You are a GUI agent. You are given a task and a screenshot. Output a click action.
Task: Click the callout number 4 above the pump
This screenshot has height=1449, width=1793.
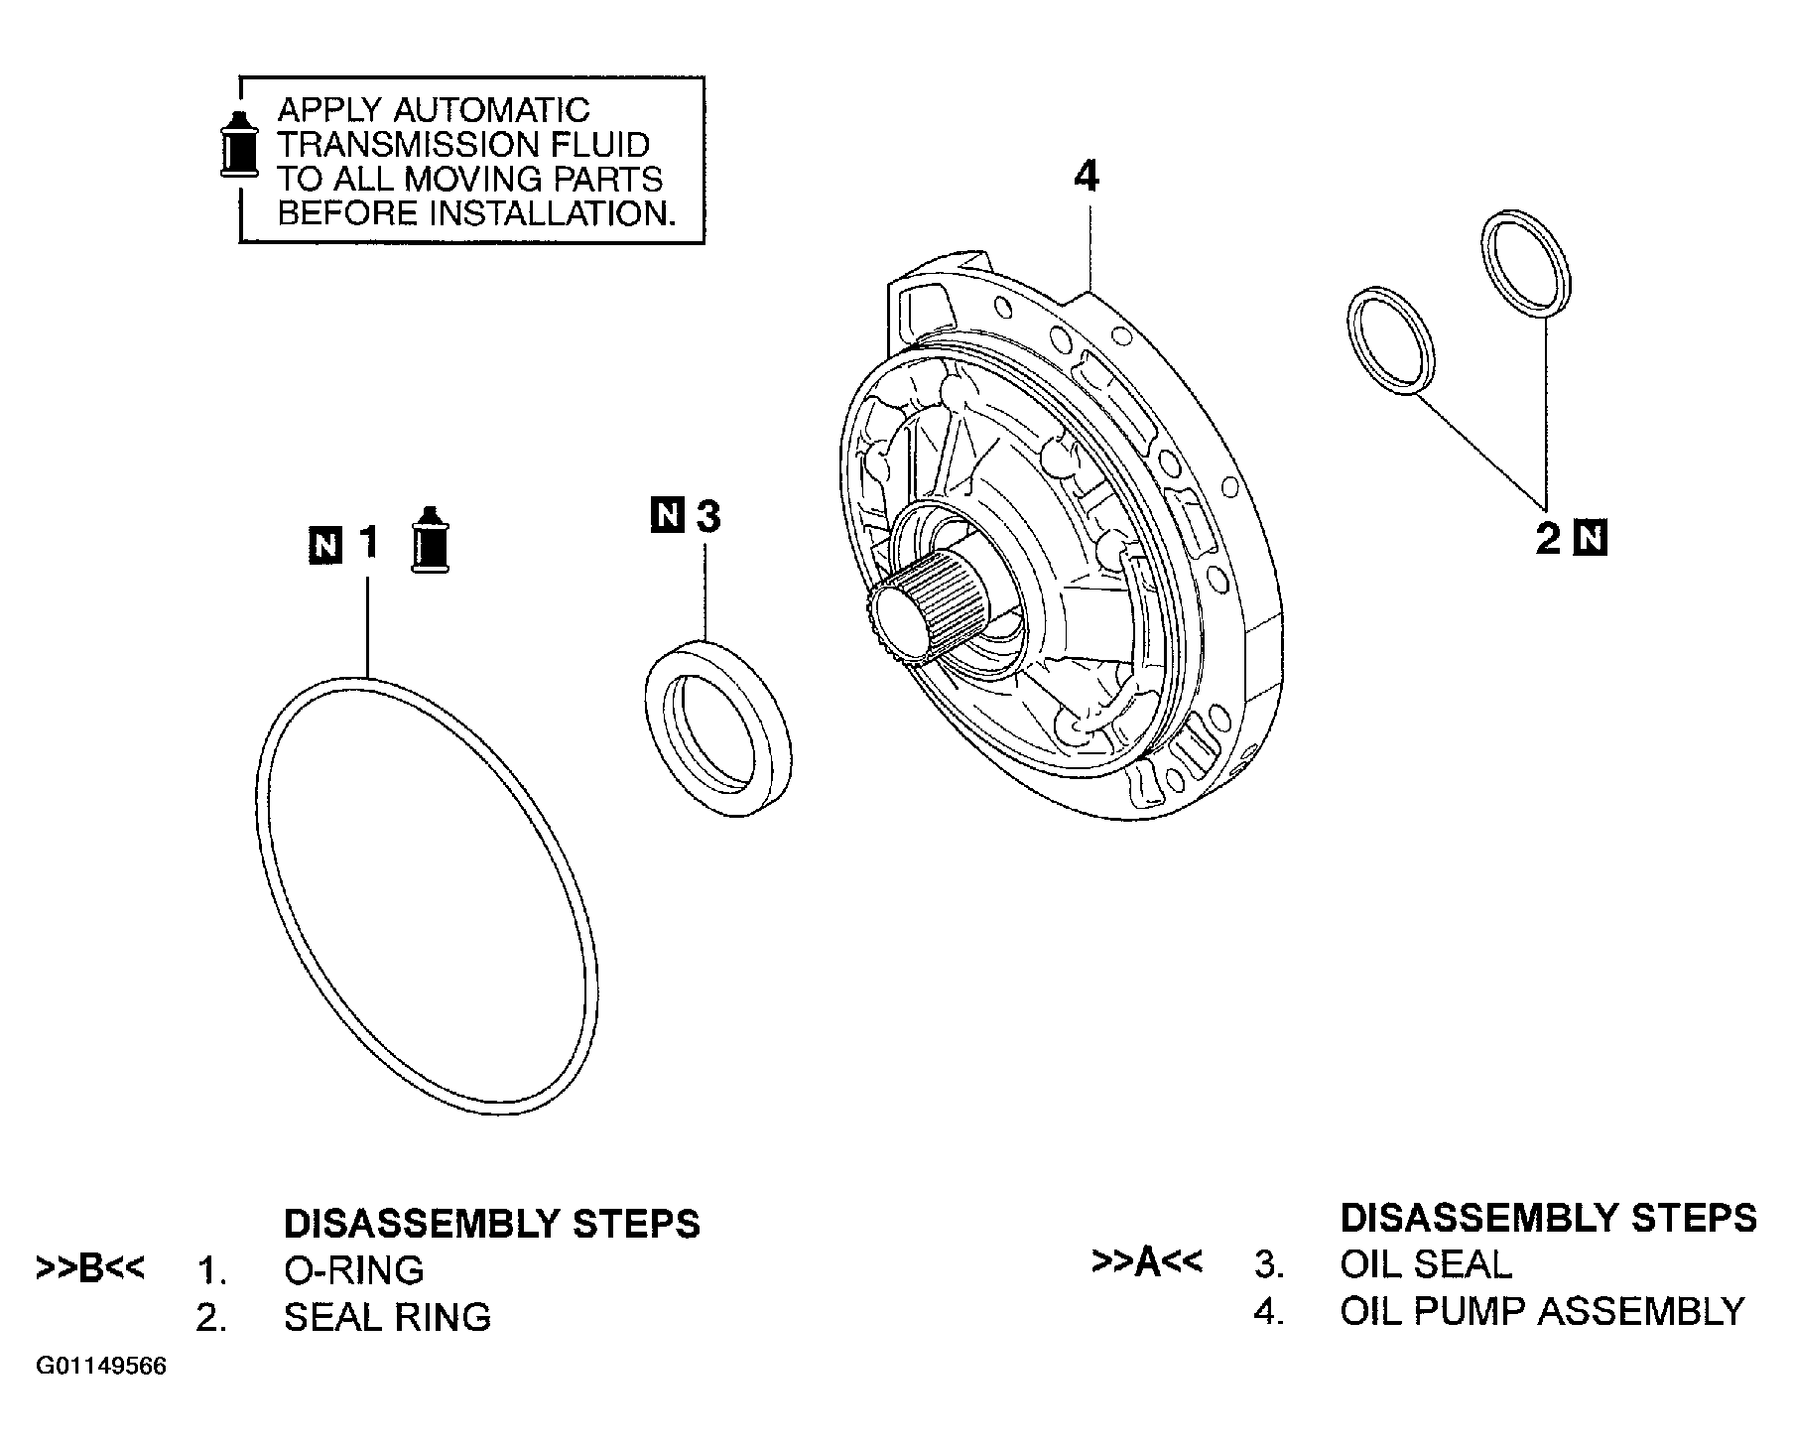[1087, 177]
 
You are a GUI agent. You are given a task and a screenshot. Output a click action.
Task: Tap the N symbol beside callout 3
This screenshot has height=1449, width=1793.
[668, 516]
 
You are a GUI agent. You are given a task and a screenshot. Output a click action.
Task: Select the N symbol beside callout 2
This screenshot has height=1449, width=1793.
[1591, 538]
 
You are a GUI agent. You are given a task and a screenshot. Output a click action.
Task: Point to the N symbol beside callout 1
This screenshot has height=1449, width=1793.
[326, 545]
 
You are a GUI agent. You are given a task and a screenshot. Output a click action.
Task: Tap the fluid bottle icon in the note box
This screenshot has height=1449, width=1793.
[237, 143]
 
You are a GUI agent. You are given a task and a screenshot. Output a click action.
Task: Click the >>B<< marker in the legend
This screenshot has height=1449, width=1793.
[89, 1268]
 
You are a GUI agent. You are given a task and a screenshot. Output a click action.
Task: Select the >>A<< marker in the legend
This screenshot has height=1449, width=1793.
[1146, 1262]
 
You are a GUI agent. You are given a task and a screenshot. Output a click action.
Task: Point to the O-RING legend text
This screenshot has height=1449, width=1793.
[353, 1270]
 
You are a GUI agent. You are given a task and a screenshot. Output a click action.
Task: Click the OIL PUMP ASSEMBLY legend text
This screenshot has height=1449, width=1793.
[1542, 1311]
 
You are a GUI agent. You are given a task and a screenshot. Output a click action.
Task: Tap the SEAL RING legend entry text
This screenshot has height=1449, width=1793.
[387, 1317]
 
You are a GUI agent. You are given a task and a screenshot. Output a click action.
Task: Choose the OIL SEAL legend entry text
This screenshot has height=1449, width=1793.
[1426, 1264]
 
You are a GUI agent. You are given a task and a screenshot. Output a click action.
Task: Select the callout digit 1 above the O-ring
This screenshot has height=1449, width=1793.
[368, 543]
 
